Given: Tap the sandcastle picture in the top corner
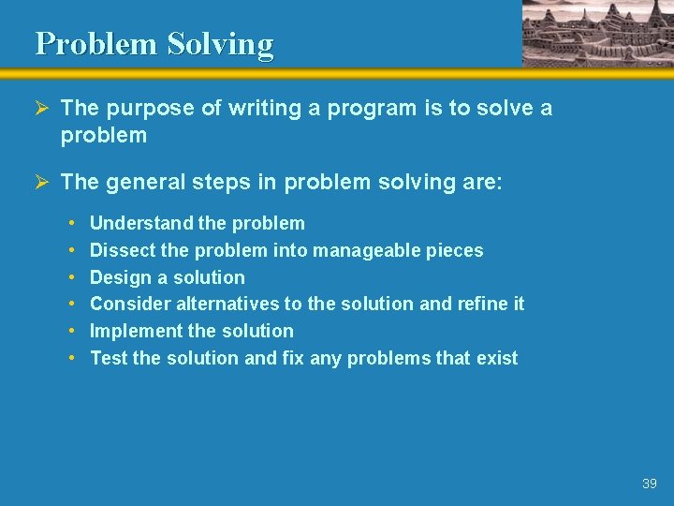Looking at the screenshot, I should (597, 33).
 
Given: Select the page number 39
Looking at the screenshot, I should (650, 484).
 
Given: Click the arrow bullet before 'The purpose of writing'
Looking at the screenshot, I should (43, 109).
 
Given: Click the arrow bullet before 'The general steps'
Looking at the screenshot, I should (43, 182).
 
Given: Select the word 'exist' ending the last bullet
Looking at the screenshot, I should (497, 358).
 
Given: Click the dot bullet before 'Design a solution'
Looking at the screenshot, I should (73, 277).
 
